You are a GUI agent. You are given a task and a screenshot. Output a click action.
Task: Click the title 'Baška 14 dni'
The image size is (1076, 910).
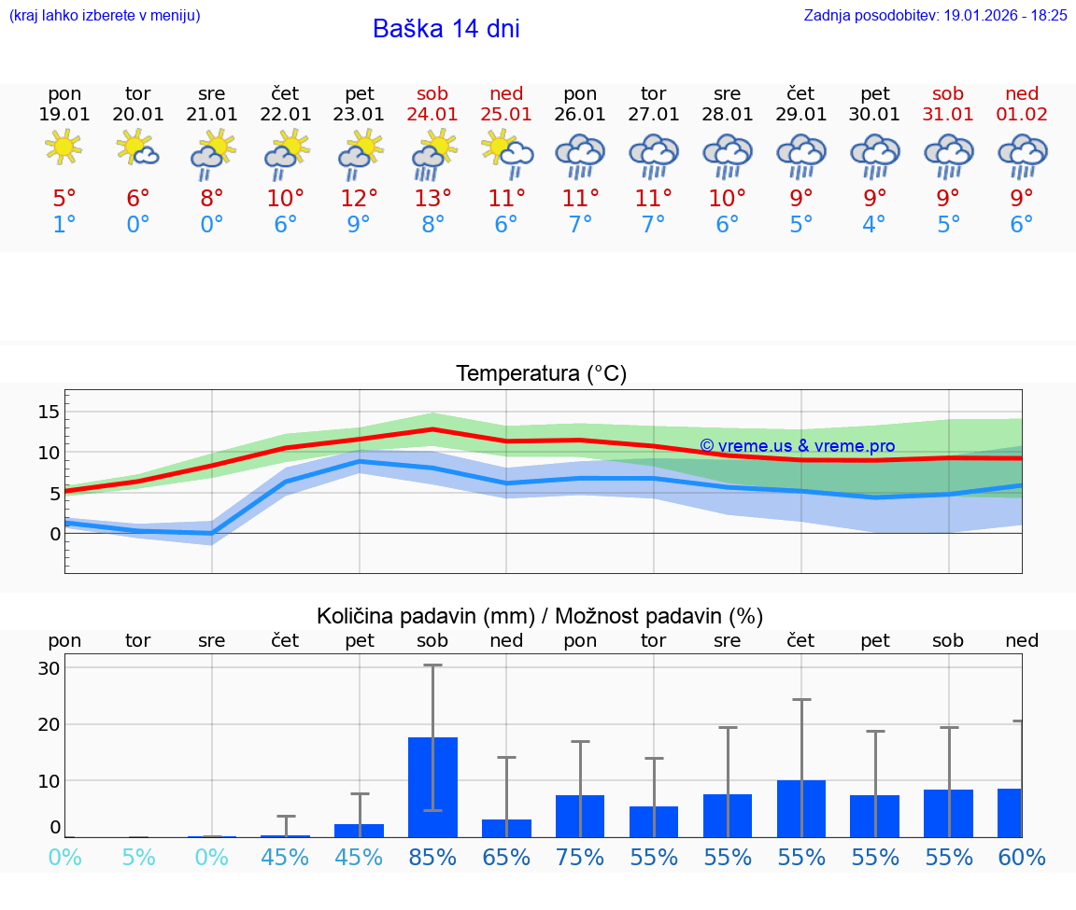point(446,29)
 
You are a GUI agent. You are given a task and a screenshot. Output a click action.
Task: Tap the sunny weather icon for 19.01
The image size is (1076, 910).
point(64,148)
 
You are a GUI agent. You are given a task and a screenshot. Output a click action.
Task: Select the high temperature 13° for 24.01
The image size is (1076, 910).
point(432,199)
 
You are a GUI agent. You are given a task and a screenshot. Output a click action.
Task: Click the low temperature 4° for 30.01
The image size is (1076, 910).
point(874,225)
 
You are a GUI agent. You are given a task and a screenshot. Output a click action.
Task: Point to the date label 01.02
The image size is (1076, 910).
point(1022,114)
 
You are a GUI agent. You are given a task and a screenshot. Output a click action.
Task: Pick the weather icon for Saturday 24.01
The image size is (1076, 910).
point(432,152)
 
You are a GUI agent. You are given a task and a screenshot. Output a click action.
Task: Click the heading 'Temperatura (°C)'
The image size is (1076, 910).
point(541,374)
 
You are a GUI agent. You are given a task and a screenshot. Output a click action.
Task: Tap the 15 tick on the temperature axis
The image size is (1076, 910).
point(49,412)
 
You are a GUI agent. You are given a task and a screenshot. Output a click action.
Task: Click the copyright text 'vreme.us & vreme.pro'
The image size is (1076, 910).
point(798,446)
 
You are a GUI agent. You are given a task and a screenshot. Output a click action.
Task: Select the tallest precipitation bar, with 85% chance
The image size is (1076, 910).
point(432,787)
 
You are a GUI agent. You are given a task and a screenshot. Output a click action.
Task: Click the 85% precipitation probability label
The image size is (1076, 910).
point(432,857)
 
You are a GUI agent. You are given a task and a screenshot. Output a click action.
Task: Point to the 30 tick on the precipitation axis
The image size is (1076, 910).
point(49,668)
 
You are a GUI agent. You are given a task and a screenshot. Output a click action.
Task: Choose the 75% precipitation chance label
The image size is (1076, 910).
point(580,857)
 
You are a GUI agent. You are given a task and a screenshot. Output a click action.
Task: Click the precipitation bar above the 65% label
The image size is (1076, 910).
point(506,828)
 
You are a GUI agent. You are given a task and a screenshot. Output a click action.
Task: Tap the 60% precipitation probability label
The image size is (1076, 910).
point(1022,857)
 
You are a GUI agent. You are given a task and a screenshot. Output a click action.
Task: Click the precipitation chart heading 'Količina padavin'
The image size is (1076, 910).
point(540,616)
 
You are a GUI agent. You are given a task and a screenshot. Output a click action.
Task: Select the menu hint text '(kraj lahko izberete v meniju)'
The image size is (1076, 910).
point(105,15)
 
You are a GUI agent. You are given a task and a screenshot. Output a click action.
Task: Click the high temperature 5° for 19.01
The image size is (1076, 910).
point(64,199)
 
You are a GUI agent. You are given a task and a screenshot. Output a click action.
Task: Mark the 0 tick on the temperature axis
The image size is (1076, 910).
point(55,534)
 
